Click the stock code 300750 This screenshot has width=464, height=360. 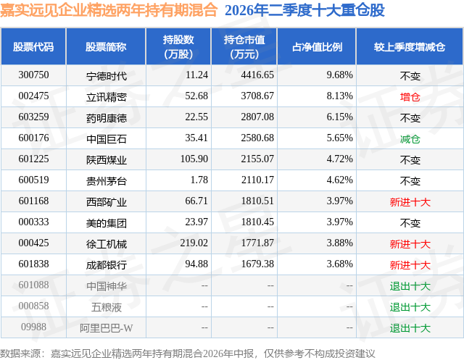coord(33,75)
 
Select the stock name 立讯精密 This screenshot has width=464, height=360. coord(107,96)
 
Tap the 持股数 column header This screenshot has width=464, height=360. coord(178,46)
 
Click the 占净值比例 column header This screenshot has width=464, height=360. coord(317,46)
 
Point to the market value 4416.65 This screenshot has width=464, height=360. coord(257,75)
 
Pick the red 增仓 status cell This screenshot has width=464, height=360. coord(410,96)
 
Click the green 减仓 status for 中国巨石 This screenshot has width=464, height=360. coord(410,138)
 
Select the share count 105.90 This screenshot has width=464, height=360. coord(194,159)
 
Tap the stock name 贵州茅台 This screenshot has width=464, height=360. coord(107,180)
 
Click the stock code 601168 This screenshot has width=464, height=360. coord(33,201)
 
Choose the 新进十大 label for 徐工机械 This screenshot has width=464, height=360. coord(410,244)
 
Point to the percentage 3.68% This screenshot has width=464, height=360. coord(340,264)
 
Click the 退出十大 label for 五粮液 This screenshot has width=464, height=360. coord(410,307)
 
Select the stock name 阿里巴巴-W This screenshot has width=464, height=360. coord(107,328)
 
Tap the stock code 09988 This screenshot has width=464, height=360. coord(33,327)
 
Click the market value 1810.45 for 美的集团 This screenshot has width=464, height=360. coord(257,222)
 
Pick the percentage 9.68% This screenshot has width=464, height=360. coord(340,75)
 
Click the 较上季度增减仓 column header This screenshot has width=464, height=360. coord(410,46)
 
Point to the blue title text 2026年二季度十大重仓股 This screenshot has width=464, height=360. coord(304,10)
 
